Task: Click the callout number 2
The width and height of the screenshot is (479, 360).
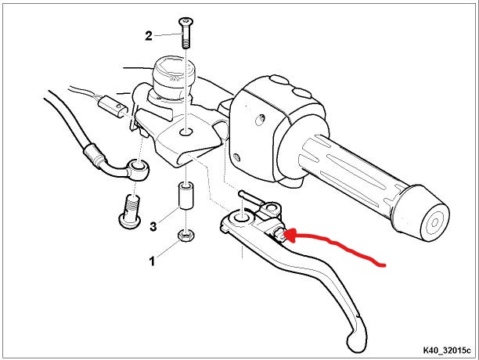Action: pyautogui.click(x=149, y=36)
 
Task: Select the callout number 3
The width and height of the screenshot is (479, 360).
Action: pyautogui.click(x=153, y=226)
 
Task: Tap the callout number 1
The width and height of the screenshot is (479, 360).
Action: pyautogui.click(x=152, y=261)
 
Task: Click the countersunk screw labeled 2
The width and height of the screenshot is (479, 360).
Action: pyautogui.click(x=185, y=33)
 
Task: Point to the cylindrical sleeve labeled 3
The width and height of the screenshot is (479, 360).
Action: pyautogui.click(x=185, y=196)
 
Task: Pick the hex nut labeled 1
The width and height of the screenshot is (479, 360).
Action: pyautogui.click(x=186, y=235)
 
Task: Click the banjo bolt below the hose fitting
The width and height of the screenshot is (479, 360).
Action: pyautogui.click(x=131, y=211)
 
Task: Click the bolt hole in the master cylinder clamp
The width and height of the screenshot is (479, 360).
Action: pyautogui.click(x=185, y=132)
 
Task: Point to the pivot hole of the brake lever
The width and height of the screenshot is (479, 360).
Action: pyautogui.click(x=242, y=218)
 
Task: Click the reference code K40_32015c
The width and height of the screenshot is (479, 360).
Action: pyautogui.click(x=447, y=351)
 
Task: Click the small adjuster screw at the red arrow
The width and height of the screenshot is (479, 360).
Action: pyautogui.click(x=279, y=235)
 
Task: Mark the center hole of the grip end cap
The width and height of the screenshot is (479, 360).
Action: pyautogui.click(x=434, y=222)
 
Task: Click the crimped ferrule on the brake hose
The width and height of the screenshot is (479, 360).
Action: pyautogui.click(x=95, y=155)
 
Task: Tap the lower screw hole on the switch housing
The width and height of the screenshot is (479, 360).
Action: pyautogui.click(x=236, y=157)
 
